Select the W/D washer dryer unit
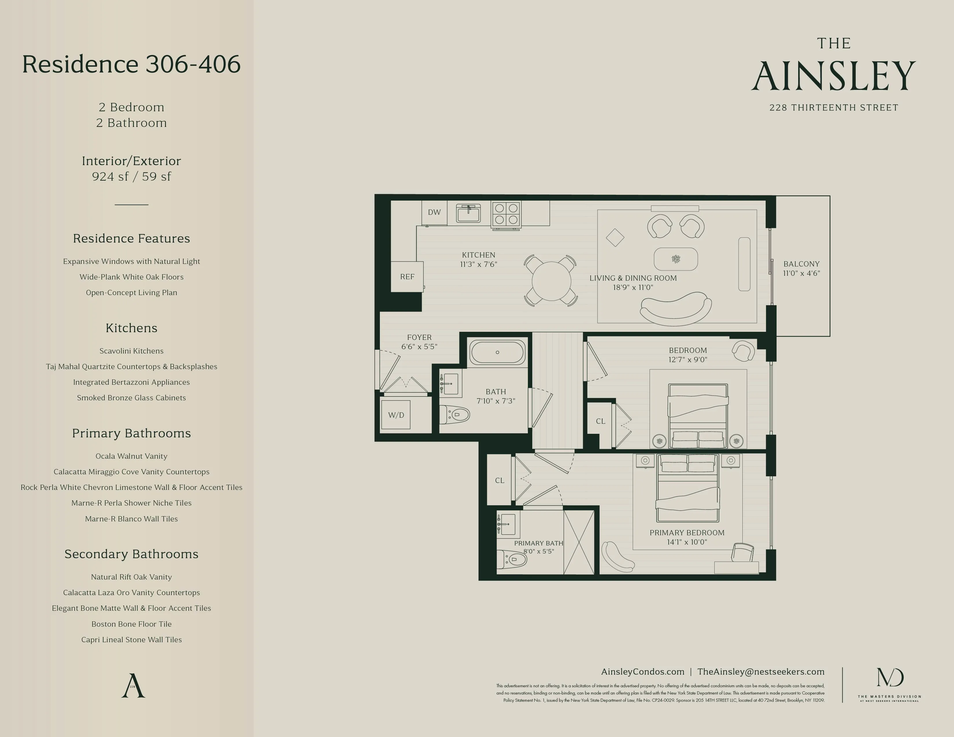tap(396, 415)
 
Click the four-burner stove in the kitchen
tap(506, 214)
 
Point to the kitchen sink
tap(468, 214)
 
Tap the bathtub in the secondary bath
tap(497, 352)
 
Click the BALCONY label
tap(801, 264)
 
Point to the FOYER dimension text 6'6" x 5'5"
tap(419, 347)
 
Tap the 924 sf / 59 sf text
tap(131, 176)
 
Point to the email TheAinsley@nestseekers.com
tap(761, 671)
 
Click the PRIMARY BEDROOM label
tap(687, 533)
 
